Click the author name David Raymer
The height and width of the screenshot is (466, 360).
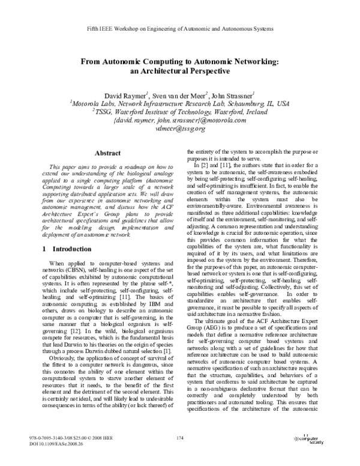point(124,94)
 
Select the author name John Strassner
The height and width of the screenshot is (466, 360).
point(233,94)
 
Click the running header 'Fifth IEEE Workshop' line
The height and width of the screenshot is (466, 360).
point(179,28)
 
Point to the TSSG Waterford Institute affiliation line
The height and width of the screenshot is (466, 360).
point(179,111)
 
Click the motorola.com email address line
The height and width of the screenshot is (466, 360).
point(179,120)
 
